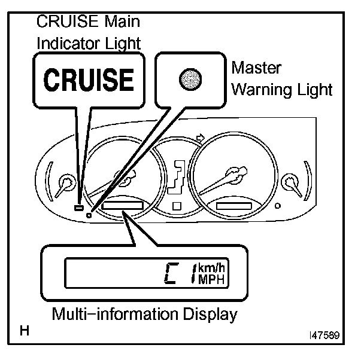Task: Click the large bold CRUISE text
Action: [x=88, y=80]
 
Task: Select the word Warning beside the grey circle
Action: [x=259, y=90]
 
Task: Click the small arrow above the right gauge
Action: [x=201, y=139]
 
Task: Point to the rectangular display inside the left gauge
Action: [x=123, y=206]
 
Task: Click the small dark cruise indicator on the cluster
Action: [x=78, y=208]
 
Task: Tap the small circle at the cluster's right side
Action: [x=277, y=206]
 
